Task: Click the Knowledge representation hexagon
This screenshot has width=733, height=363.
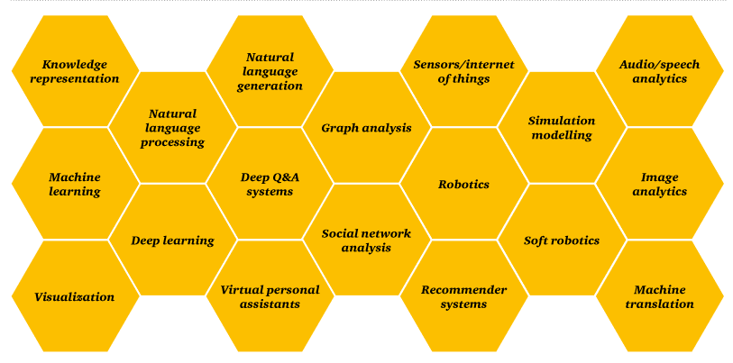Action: tap(75, 71)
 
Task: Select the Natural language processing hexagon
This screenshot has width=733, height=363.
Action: tap(172, 128)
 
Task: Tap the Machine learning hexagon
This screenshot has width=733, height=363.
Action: tap(75, 184)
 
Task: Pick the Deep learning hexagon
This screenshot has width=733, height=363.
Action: tap(172, 240)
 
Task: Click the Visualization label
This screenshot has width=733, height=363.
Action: tap(75, 297)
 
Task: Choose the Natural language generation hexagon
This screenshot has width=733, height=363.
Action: tap(270, 71)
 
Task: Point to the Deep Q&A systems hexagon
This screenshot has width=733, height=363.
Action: tap(270, 184)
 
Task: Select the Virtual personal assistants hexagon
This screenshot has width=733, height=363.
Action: tap(270, 296)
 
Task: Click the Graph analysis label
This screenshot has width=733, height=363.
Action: tap(366, 128)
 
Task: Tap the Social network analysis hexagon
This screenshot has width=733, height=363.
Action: tap(366, 240)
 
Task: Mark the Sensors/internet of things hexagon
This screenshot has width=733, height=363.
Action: tap(463, 71)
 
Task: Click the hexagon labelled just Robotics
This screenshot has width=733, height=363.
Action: tap(463, 184)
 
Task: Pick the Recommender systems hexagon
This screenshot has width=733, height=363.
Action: tap(463, 296)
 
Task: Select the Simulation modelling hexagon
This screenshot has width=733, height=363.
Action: tap(561, 128)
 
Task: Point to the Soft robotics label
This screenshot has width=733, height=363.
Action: tap(561, 240)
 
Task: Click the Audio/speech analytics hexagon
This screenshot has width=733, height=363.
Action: tap(659, 71)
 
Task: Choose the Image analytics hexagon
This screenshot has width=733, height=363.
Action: tap(659, 184)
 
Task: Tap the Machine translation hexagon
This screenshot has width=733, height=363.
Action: tap(659, 296)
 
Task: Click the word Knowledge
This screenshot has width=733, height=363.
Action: tap(75, 65)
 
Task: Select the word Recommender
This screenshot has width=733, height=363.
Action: tap(463, 290)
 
